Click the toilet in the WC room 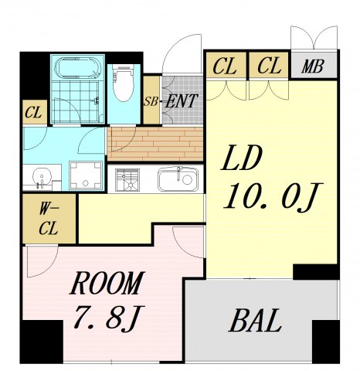coord(123,83)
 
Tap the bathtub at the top coord(78,67)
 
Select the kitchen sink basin coord(178,179)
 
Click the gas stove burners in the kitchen coord(127,180)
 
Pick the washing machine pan coord(86,175)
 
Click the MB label coord(313,66)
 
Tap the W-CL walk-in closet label coord(49,219)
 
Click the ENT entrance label coord(182,101)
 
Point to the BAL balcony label coord(255,320)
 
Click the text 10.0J coord(273,197)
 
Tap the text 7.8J coord(109,317)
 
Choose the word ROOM coord(106,283)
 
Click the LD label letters coord(241,158)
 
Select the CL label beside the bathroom coord(33,113)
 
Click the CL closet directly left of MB coord(269,66)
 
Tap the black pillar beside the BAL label coord(326,342)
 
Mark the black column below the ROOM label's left coord(42,342)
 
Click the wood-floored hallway coord(155,145)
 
